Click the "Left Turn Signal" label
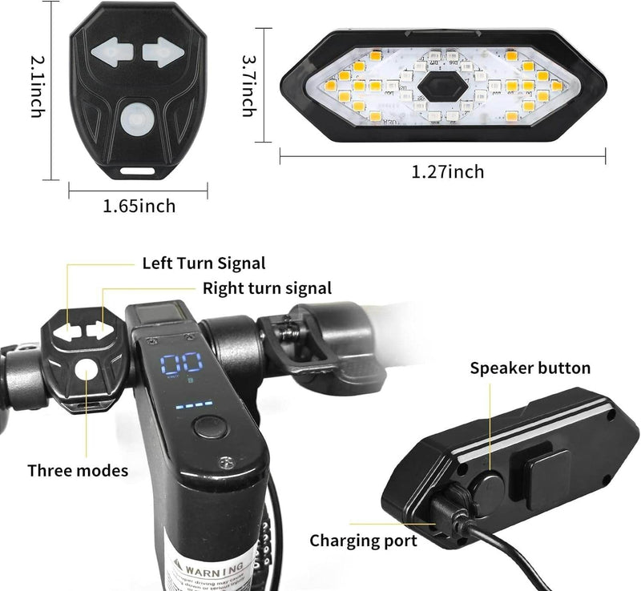204,263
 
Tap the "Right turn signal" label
267,287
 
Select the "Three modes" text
78,470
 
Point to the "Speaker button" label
530,368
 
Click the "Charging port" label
363,541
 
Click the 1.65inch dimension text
139,207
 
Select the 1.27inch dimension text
448,171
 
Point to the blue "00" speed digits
181,364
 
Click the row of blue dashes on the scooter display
190,404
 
